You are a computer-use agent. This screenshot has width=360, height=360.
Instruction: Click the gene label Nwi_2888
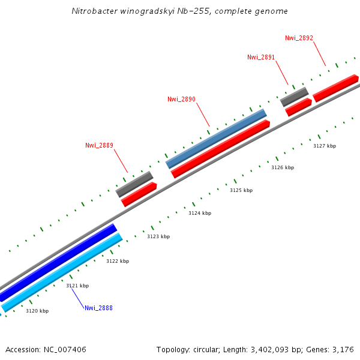tap(98, 308)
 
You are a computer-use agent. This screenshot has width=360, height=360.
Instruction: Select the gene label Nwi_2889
tap(99, 145)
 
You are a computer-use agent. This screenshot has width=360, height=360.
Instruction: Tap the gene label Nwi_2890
tap(181, 100)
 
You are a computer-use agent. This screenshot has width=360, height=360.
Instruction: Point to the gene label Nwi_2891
tap(261, 58)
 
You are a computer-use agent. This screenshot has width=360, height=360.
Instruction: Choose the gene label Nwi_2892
tap(299, 38)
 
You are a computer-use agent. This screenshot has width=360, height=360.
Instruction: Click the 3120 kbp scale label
tap(37, 311)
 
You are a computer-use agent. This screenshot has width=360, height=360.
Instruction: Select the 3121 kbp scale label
tap(77, 286)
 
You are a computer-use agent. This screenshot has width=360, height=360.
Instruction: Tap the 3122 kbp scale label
tap(118, 261)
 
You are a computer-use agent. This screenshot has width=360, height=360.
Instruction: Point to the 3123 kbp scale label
tap(158, 236)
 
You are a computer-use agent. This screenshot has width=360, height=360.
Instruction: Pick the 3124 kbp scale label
tap(200, 213)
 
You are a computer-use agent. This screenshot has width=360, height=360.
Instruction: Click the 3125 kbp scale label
tap(241, 190)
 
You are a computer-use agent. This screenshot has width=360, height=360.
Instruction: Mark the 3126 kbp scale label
tap(283, 167)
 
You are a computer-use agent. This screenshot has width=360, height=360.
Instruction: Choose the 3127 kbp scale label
tap(325, 146)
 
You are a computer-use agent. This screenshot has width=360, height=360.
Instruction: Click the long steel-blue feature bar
tap(216, 139)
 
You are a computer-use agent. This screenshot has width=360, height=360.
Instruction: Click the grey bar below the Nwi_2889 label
tap(134, 184)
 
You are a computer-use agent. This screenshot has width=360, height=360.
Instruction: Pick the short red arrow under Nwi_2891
tap(298, 107)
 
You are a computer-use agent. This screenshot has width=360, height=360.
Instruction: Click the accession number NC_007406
tap(64, 349)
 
